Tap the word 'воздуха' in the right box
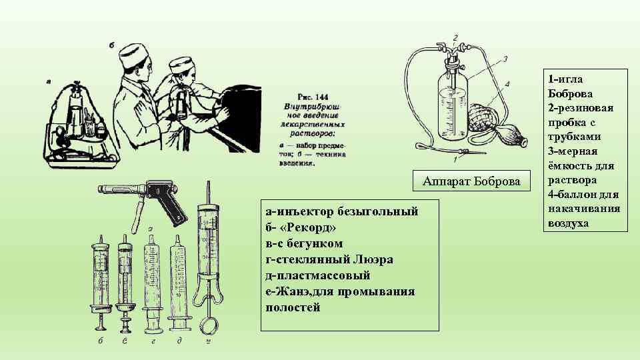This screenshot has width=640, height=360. pyautogui.click(x=568, y=223)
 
